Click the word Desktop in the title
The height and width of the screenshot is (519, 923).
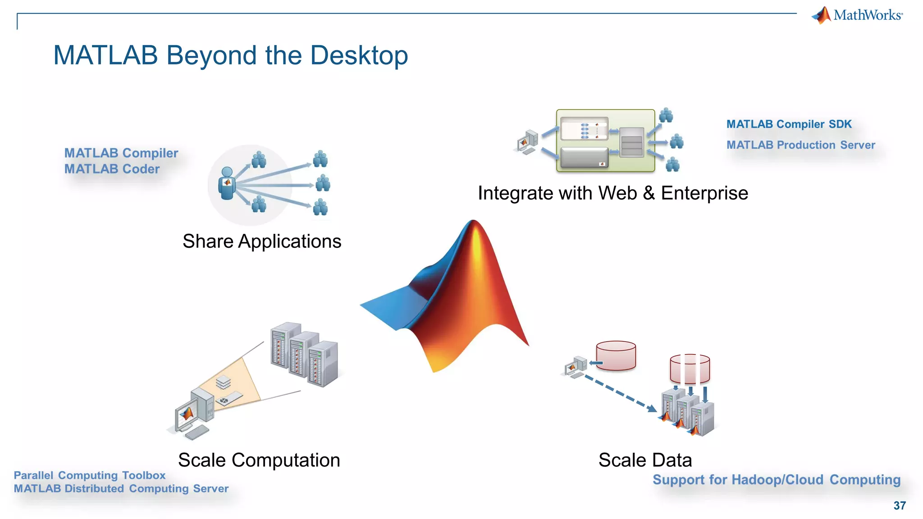click(x=359, y=55)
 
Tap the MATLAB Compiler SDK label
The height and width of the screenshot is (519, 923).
click(x=789, y=124)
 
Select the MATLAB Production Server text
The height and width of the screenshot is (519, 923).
click(x=800, y=145)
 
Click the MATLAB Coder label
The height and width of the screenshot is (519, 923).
click(x=112, y=169)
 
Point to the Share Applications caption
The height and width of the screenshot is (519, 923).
click(x=262, y=241)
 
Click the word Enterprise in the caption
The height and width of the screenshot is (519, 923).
click(x=704, y=193)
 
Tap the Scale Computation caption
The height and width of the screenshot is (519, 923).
click(x=259, y=460)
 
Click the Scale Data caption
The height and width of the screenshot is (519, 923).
click(x=645, y=460)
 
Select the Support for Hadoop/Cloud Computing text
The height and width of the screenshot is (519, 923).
click(x=776, y=480)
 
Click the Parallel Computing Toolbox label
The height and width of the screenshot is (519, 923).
click(x=90, y=475)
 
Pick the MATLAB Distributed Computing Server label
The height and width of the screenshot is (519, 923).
click(x=121, y=488)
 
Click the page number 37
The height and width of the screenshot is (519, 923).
click(x=900, y=505)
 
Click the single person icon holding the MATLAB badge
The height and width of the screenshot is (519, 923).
click(x=227, y=183)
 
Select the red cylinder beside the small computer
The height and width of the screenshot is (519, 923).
click(x=616, y=355)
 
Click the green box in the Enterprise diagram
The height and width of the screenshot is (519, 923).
click(x=605, y=141)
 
